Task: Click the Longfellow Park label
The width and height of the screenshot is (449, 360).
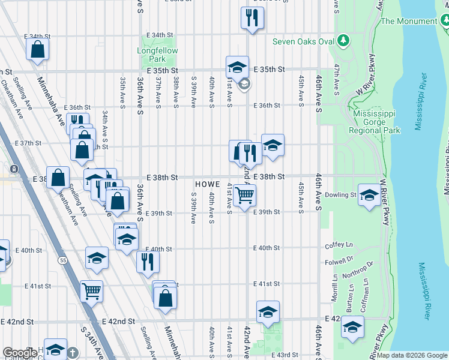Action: [157, 55]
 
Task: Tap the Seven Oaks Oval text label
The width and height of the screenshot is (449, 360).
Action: [303, 41]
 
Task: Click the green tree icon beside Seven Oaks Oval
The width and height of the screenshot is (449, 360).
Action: [343, 41]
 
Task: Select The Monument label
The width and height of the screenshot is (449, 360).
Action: [408, 21]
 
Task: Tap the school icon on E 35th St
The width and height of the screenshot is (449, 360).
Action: [237, 67]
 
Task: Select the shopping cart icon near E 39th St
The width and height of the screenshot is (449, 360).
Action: [244, 195]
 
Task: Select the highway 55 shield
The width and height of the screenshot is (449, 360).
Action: [63, 260]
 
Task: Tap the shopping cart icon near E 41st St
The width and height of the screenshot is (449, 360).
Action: [91, 291]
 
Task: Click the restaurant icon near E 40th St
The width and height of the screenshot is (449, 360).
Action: [147, 261]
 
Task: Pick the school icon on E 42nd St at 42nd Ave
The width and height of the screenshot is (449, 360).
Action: [268, 311]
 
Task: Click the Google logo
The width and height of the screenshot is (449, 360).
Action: [20, 353]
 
